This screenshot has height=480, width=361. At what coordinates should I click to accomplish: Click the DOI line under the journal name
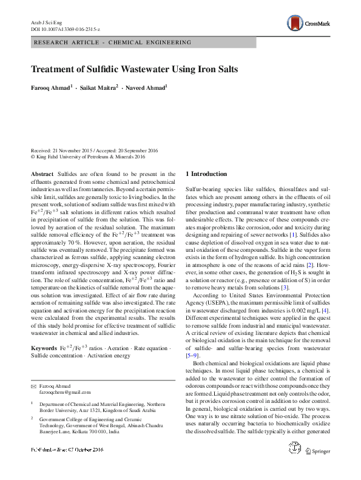65,29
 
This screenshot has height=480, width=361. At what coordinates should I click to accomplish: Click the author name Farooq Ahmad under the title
52,88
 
